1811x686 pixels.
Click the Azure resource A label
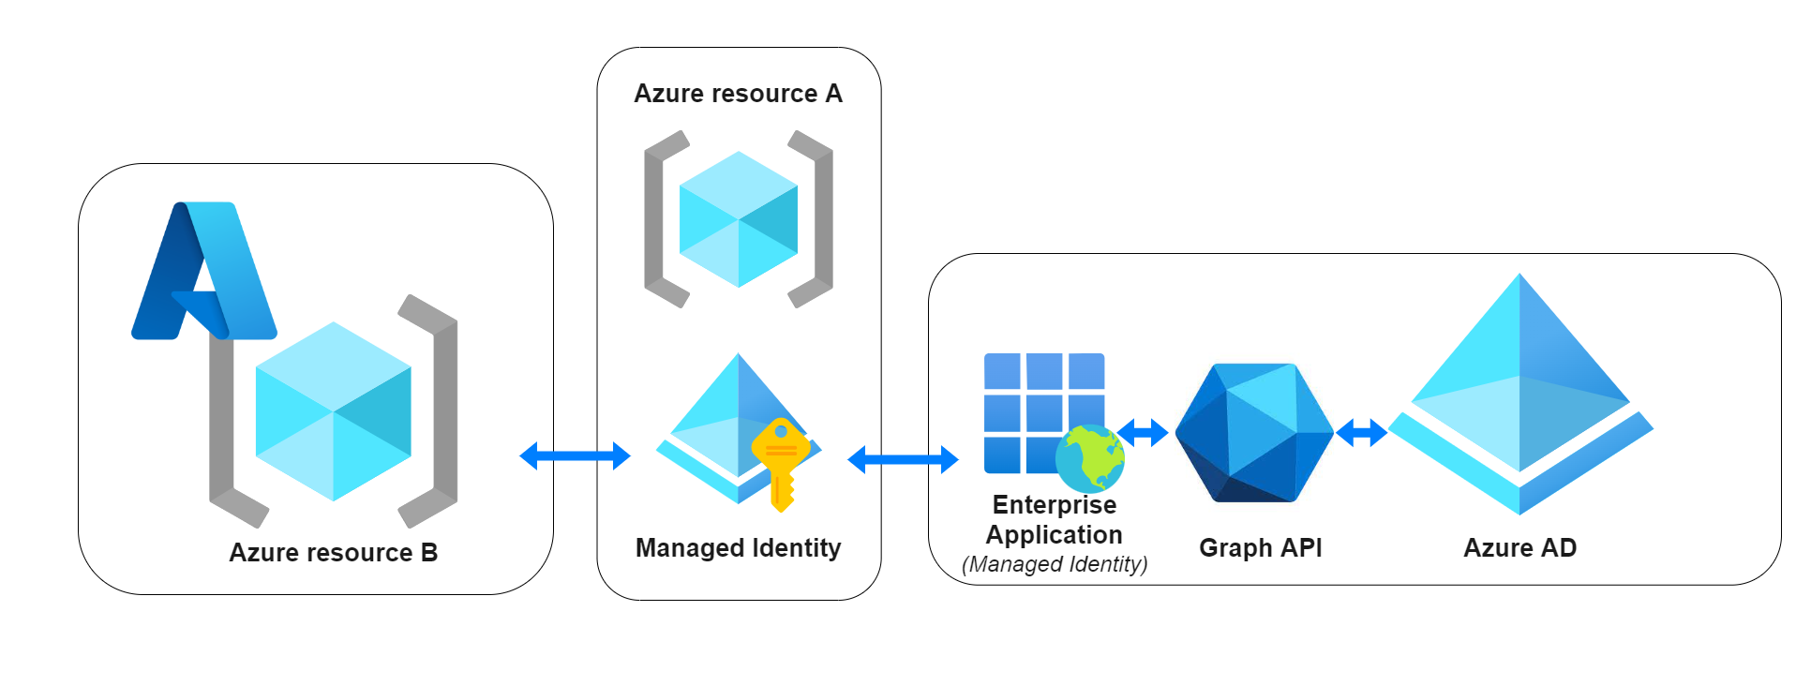[x=738, y=94]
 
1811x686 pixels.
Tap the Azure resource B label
[x=333, y=553]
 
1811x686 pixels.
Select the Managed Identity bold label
[x=738, y=548]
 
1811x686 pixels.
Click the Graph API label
[x=1260, y=548]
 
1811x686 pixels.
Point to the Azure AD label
[x=1519, y=548]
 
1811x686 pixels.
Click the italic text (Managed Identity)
[x=1055, y=564]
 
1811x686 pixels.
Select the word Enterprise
[x=1055, y=505]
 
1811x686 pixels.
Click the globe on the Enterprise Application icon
[x=1089, y=458]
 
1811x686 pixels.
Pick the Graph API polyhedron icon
[x=1254, y=433]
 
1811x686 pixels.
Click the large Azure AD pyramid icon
[x=1519, y=394]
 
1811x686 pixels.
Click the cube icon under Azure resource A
[x=739, y=219]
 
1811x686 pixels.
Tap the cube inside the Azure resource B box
[x=333, y=411]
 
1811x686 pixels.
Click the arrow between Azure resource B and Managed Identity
[x=575, y=456]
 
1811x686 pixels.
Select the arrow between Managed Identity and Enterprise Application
[x=903, y=459]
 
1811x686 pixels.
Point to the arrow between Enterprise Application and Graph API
[x=1143, y=432]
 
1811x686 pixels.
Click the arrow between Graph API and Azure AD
[x=1361, y=432]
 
